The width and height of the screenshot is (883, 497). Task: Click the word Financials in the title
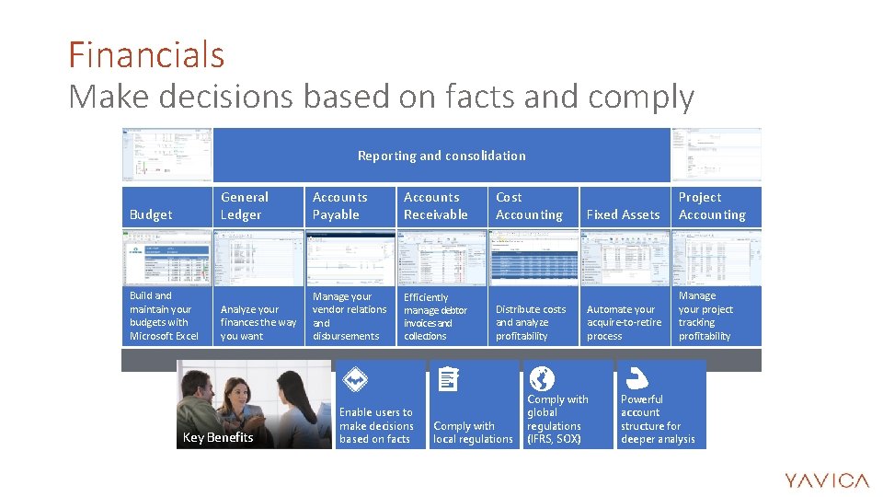click(x=146, y=55)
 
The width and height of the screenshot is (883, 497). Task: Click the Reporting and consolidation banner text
click(x=441, y=156)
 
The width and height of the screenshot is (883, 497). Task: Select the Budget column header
click(x=151, y=214)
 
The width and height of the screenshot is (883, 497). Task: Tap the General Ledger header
click(x=245, y=205)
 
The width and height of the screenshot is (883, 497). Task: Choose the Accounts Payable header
click(x=339, y=205)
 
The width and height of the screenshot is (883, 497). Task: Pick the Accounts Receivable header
click(x=435, y=205)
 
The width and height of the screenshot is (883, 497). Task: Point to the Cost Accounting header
click(x=529, y=205)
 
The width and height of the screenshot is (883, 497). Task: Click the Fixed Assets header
click(x=623, y=214)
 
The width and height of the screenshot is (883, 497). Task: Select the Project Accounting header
click(x=712, y=205)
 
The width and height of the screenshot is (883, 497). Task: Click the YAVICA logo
click(x=826, y=480)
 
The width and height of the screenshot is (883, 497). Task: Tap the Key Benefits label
click(x=218, y=437)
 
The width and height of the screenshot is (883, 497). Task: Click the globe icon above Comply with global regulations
click(x=542, y=378)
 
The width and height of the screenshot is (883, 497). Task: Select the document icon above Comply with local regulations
click(x=447, y=378)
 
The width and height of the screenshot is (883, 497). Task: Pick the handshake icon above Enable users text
click(x=355, y=379)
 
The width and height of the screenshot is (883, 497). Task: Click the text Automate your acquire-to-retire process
click(x=624, y=322)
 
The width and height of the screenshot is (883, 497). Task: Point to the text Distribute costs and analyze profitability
click(x=531, y=322)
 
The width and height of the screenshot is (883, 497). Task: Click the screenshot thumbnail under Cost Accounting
click(x=533, y=258)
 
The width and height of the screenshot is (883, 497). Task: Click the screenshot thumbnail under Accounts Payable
click(x=350, y=258)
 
